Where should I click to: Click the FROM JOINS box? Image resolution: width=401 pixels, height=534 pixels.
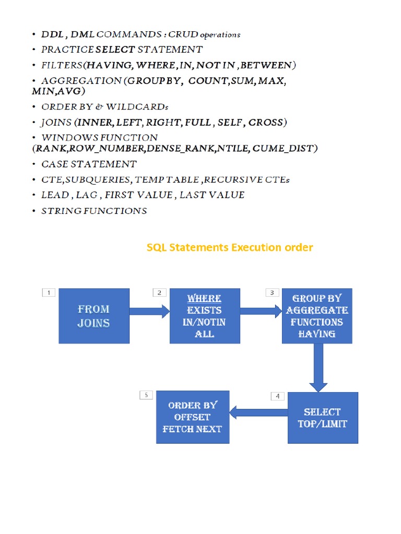[94, 316]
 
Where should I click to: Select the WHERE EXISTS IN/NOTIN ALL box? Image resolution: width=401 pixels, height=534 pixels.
[205, 316]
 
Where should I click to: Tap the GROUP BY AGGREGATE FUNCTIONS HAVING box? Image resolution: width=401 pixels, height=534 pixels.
[317, 316]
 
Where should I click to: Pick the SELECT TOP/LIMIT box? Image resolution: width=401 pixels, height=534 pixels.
[323, 418]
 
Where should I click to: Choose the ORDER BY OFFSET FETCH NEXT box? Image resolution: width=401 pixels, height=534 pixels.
[193, 417]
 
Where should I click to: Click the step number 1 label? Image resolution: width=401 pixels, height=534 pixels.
[49, 293]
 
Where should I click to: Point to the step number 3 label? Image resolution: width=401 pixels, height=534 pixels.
[272, 293]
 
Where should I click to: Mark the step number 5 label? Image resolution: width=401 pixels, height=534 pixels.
[147, 395]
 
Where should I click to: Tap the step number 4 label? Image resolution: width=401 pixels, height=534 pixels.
[278, 396]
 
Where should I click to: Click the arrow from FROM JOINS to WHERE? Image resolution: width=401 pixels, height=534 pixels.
[149, 312]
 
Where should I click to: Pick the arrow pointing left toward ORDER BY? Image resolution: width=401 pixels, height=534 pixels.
[258, 412]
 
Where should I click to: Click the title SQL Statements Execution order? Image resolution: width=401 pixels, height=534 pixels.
[230, 247]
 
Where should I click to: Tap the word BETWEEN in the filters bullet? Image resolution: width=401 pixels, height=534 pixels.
[267, 65]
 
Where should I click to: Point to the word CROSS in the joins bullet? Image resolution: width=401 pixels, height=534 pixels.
[267, 123]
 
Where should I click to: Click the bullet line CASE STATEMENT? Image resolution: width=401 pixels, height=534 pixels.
[89, 164]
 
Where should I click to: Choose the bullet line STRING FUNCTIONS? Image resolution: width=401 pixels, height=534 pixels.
[94, 211]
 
